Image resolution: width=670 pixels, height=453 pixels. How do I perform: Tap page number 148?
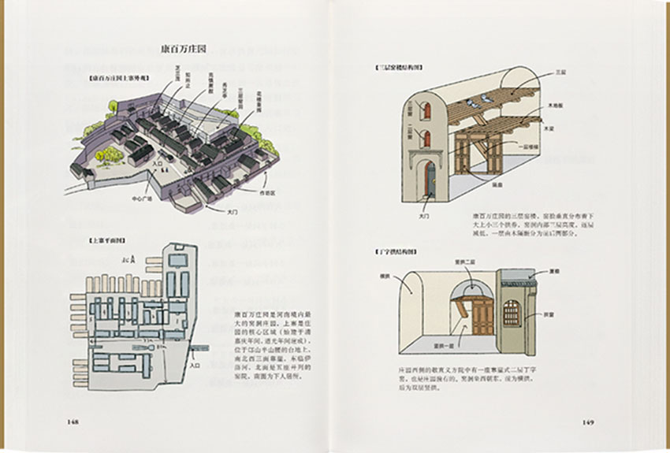point(73,421)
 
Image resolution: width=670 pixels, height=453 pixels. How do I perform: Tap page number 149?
point(588,421)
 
